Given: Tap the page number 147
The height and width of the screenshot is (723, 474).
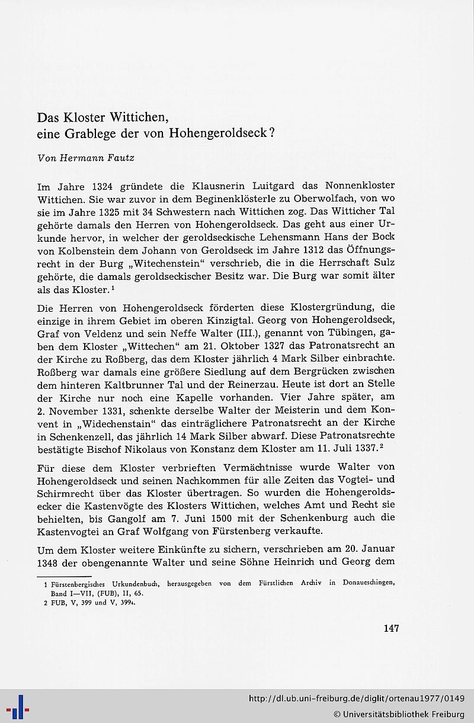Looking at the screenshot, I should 390,628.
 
